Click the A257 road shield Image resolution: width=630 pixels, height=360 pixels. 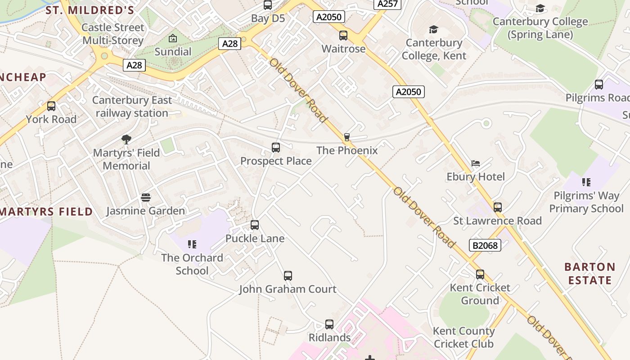tap(387, 4)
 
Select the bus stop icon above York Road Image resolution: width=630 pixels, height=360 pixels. tap(51, 106)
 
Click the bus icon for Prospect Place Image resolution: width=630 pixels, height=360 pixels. tap(276, 147)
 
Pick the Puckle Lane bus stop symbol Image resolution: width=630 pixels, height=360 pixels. tap(255, 225)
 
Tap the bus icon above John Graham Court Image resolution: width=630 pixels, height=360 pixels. tap(288, 275)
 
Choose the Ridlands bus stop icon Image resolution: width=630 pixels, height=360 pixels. tap(329, 324)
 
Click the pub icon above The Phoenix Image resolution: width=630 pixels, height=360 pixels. tap(346, 137)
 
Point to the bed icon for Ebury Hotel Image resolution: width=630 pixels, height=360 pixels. tap(476, 163)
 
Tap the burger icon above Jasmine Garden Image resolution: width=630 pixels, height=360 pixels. tap(145, 197)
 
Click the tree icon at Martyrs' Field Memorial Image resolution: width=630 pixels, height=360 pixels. tap(126, 139)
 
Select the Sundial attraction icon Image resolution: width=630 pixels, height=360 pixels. tap(173, 39)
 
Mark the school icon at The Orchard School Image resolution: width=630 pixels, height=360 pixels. tap(192, 244)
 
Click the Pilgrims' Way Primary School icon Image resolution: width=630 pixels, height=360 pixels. tap(586, 182)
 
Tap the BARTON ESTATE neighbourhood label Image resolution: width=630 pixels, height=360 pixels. tap(589, 274)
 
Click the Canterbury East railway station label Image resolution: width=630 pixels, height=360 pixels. tap(132, 107)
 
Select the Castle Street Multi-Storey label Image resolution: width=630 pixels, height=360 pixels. tap(112, 34)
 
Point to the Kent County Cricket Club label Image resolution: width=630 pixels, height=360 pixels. tap(463, 337)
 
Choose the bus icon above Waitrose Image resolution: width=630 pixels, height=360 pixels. tap(343, 35)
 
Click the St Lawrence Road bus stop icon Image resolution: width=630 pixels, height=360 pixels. tap(497, 207)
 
